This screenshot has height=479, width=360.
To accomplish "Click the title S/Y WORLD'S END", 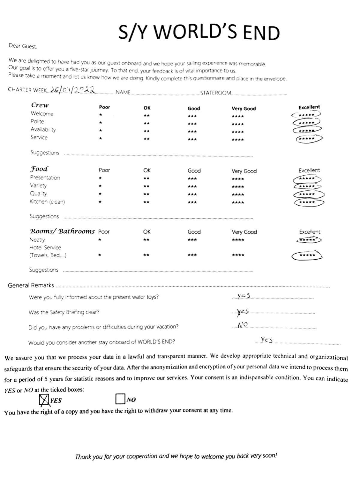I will (199, 32).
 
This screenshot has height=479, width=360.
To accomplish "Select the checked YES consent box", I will (44, 400).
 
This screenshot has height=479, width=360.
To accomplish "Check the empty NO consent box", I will (120, 399).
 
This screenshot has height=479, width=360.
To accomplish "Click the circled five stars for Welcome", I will (306, 115).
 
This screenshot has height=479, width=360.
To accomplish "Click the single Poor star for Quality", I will (100, 194).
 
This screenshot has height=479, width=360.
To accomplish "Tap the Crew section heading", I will (40, 105).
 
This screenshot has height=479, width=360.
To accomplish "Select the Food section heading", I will (39, 169).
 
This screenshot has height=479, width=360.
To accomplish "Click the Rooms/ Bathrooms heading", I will (62, 231).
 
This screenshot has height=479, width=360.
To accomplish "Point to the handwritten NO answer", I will (242, 325).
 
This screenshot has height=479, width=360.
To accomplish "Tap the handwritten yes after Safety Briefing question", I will (243, 312).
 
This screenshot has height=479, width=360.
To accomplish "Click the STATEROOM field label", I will (215, 93).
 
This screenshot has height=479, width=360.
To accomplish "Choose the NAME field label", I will (123, 92).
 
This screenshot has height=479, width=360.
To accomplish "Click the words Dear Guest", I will (23, 46).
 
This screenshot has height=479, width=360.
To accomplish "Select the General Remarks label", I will (31, 285).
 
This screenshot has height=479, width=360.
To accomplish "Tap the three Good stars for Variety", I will (192, 186).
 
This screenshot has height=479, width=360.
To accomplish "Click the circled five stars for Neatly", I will (308, 240).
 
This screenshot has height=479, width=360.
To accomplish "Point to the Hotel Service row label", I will (45, 248).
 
